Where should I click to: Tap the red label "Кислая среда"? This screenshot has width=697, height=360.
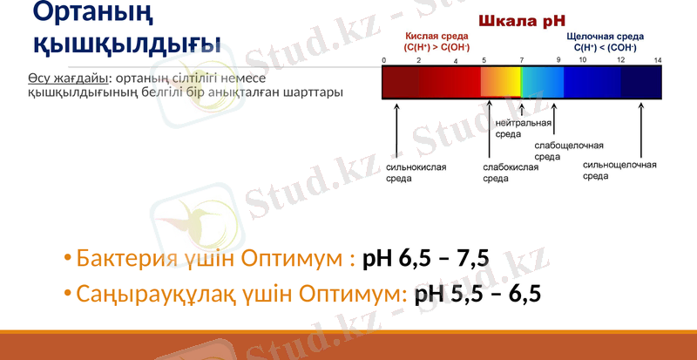(436, 37)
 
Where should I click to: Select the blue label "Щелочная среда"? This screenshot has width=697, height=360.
(605, 37)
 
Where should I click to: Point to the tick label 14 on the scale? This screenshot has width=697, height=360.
(658, 60)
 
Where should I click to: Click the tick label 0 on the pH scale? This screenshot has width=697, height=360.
(384, 60)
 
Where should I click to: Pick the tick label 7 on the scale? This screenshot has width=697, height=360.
(522, 60)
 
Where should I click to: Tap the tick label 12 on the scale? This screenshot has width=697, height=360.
(620, 60)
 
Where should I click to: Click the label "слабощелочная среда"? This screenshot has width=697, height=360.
(568, 151)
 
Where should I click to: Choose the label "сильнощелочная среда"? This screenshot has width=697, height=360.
(619, 170)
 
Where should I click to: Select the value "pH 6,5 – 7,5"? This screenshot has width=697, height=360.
(426, 259)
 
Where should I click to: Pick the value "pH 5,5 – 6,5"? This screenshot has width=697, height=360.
(478, 294)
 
